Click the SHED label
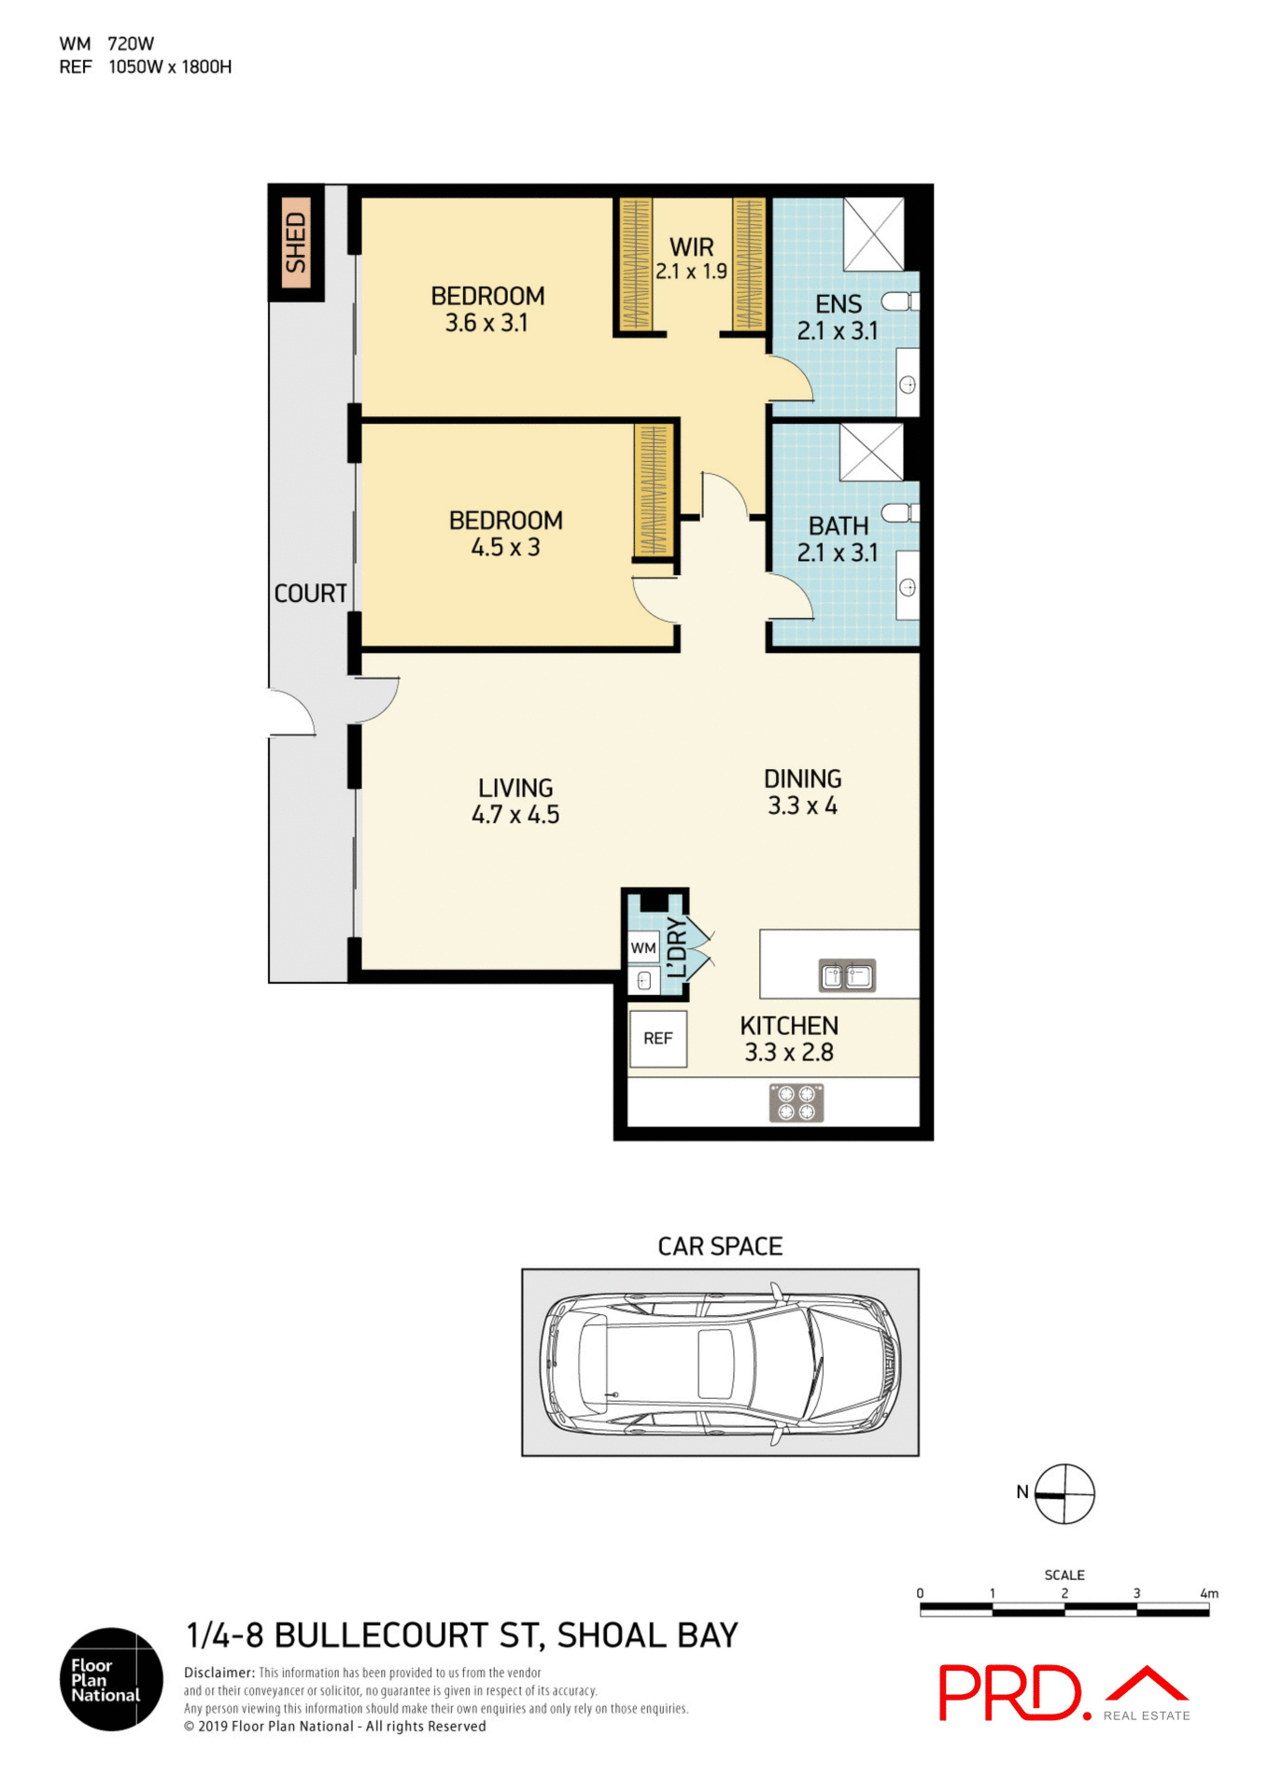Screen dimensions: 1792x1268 [x=296, y=242]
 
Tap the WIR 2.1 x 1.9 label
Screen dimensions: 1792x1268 [x=691, y=259]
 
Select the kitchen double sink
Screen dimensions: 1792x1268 [x=847, y=975]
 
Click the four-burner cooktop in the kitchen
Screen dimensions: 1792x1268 [x=796, y=1102]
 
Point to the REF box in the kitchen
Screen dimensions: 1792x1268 [x=657, y=1038]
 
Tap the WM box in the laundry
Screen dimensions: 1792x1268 [x=642, y=947]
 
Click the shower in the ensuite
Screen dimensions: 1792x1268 [x=873, y=233]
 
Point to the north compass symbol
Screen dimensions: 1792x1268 [x=1064, y=1494]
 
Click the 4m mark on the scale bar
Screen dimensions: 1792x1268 [x=1209, y=1593]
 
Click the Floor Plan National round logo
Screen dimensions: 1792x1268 [x=111, y=1679]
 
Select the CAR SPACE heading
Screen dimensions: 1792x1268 [x=720, y=1246]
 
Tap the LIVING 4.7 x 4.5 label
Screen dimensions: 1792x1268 [x=515, y=801]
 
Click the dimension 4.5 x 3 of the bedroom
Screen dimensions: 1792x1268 [x=505, y=547]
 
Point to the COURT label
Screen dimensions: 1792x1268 [x=310, y=593]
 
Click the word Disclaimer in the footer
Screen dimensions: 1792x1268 [x=218, y=1673]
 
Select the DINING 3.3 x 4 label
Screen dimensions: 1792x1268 [x=802, y=791]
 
